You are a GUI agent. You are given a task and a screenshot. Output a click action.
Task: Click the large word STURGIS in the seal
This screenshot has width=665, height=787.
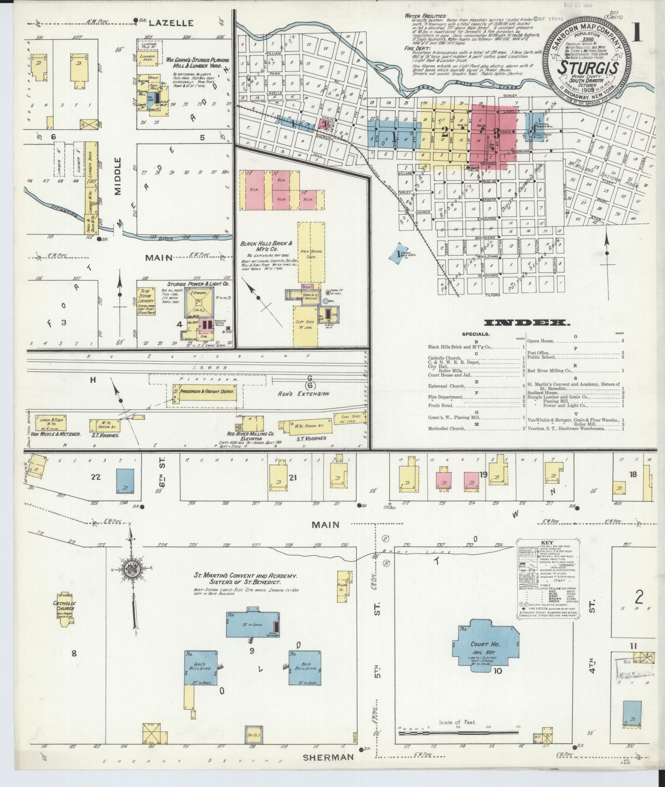click(588, 67)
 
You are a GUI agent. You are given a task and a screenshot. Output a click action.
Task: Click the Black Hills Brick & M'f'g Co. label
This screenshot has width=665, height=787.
click(267, 246)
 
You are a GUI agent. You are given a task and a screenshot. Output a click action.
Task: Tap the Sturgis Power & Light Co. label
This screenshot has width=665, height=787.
click(198, 283)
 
